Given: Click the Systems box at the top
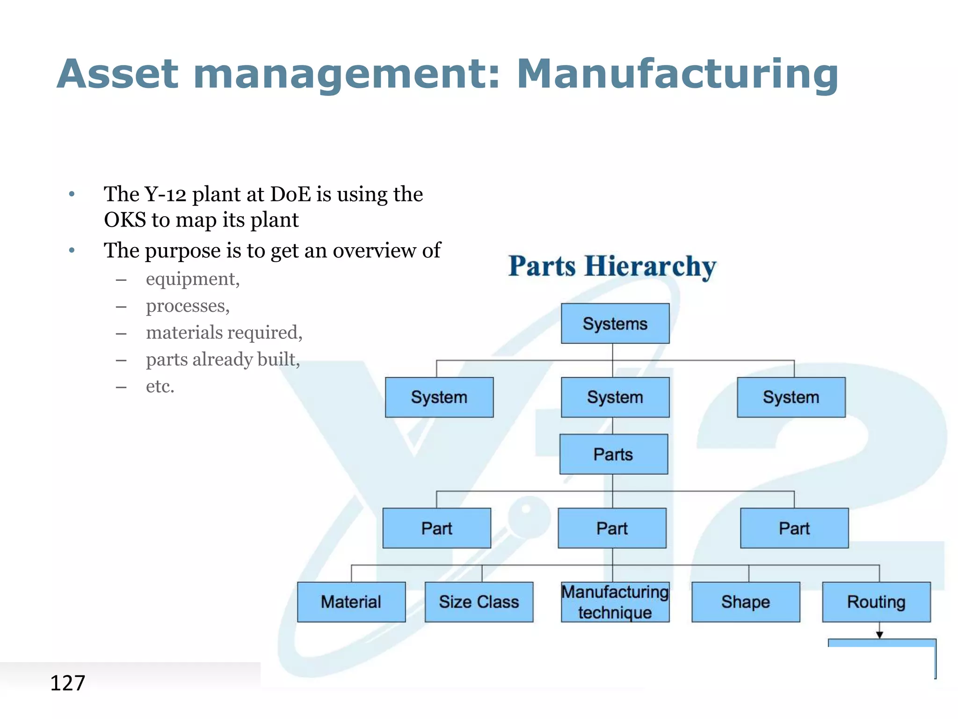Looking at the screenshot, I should [615, 323].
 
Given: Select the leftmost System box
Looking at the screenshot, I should [439, 397].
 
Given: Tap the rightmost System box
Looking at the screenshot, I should [791, 397].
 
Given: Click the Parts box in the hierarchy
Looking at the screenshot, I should [613, 454].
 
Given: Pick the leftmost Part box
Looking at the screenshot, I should [436, 528].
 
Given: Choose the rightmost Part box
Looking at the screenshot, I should [794, 528].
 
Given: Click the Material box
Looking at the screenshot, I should [351, 602].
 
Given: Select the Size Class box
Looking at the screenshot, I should [479, 602].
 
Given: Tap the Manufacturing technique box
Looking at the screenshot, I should [615, 602].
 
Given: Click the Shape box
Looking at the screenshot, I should [745, 602].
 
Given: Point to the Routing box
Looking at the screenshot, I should [876, 602].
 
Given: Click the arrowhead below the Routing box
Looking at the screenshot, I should [879, 635].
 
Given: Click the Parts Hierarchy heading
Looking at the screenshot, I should [612, 266].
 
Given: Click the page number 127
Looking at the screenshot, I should [67, 683].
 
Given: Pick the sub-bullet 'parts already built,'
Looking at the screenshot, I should [223, 359].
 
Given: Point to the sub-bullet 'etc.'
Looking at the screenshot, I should [160, 387].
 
